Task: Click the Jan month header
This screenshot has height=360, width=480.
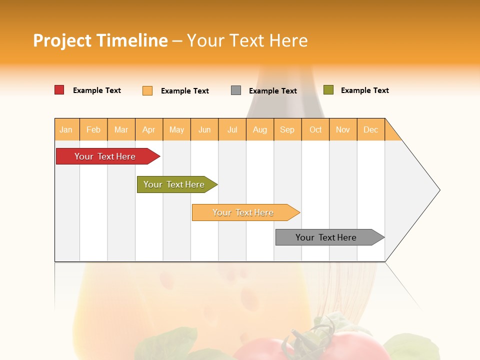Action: (x=66, y=129)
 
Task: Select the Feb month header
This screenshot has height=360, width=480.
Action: (x=93, y=129)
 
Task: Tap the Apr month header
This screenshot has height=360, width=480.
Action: (x=148, y=129)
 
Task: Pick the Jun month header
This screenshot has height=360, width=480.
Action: (x=204, y=129)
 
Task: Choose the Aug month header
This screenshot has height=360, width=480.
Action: (x=259, y=129)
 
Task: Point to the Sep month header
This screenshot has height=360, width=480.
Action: (x=287, y=129)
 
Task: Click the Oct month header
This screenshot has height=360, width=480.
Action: (x=315, y=129)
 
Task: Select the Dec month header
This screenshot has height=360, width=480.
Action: (x=370, y=129)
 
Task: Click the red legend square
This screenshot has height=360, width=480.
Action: (x=59, y=90)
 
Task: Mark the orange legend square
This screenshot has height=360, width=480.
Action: (x=147, y=90)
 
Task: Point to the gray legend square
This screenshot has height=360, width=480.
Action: (x=236, y=90)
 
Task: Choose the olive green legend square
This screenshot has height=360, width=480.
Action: (x=328, y=90)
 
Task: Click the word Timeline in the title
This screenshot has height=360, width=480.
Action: (x=132, y=40)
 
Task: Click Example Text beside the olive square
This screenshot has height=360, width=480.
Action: (x=364, y=90)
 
